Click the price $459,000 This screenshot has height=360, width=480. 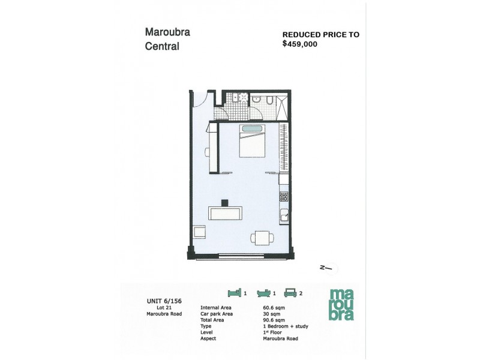pyautogui.click(x=301, y=44)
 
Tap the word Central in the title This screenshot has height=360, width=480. pyautogui.click(x=162, y=46)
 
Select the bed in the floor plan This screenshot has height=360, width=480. pyautogui.click(x=252, y=141)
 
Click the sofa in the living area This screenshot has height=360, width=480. pyautogui.click(x=226, y=213)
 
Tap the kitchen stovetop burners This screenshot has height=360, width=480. pyautogui.click(x=284, y=196)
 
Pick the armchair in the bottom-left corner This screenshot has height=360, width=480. pyautogui.click(x=199, y=233)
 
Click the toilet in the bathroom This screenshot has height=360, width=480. pyautogui.click(x=271, y=99)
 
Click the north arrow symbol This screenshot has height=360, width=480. pyautogui.click(x=325, y=269)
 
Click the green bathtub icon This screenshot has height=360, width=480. pyautogui.click(x=263, y=293)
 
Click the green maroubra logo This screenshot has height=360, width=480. pyautogui.click(x=341, y=304)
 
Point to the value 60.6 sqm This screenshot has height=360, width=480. pyautogui.click(x=274, y=308)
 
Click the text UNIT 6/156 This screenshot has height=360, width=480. pyautogui.click(x=160, y=301)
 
